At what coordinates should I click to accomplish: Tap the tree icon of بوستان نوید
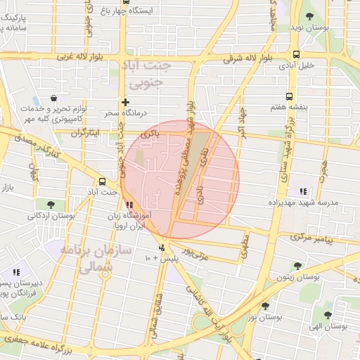[309, 15]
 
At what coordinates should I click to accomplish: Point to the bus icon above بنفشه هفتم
[288, 96]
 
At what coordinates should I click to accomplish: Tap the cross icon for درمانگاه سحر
[125, 102]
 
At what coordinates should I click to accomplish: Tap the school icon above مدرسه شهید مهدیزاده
[303, 191]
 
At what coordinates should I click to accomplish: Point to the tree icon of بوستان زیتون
[298, 266]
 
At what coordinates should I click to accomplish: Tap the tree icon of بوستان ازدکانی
[51, 205]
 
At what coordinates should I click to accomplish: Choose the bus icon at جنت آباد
[103, 181]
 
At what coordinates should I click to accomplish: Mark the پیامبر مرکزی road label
[335, 240]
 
